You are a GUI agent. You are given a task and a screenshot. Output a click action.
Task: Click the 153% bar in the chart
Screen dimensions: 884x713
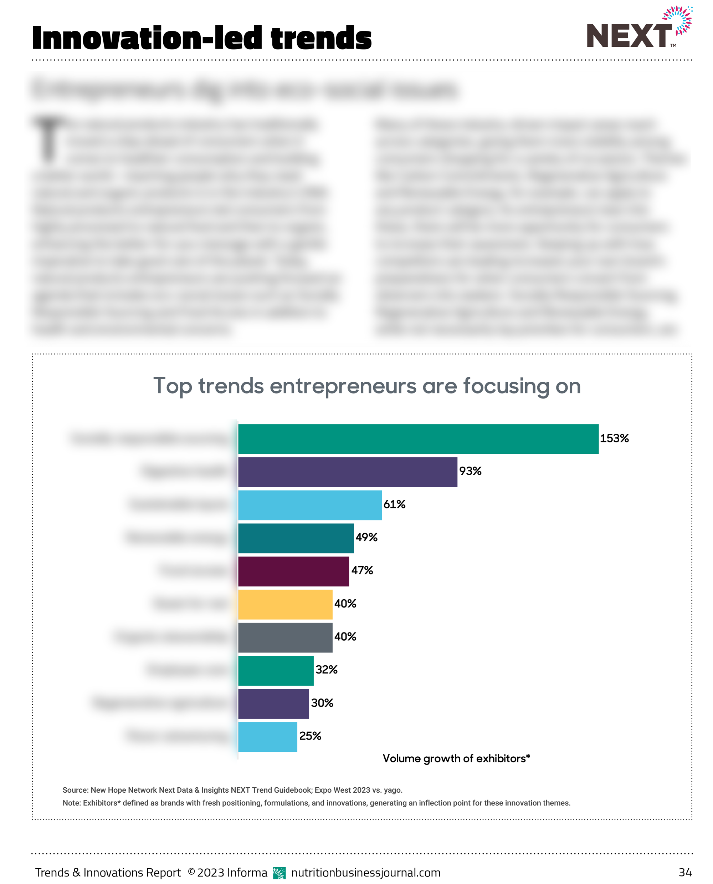pyautogui.click(x=418, y=439)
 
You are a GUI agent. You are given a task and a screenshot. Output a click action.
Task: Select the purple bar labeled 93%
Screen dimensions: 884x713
pyautogui.click(x=348, y=472)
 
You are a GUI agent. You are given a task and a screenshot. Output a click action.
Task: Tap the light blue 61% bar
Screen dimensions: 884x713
pyautogui.click(x=310, y=505)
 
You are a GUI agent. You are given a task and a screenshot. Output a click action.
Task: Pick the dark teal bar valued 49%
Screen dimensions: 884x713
pyautogui.click(x=296, y=538)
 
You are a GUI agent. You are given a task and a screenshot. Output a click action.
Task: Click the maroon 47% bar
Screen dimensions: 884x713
pyautogui.click(x=293, y=571)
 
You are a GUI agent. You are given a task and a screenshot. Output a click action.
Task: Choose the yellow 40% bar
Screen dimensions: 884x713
pyautogui.click(x=285, y=604)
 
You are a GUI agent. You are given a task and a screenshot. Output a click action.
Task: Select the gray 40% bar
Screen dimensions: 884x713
pyautogui.click(x=285, y=637)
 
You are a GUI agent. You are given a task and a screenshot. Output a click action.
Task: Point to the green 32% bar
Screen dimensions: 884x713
pyautogui.click(x=276, y=670)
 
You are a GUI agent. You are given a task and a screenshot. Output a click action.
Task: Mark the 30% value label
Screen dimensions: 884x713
pyautogui.click(x=322, y=703)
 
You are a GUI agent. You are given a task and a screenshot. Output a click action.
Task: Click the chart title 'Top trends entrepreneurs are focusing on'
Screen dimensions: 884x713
pyautogui.click(x=367, y=386)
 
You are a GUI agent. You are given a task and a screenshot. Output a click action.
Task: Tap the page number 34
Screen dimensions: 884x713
pyautogui.click(x=685, y=872)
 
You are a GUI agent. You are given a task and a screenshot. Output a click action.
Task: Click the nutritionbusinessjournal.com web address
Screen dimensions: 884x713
pyautogui.click(x=365, y=872)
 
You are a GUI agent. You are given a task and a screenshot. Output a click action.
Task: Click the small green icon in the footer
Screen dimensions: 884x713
pyautogui.click(x=279, y=873)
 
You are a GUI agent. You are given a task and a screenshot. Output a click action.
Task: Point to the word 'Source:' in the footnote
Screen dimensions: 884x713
pyautogui.click(x=76, y=790)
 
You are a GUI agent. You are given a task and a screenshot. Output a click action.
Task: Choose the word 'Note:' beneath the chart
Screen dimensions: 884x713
pyautogui.click(x=71, y=803)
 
